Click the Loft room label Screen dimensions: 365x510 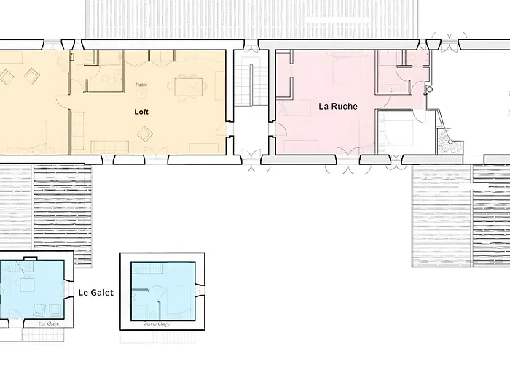[141, 112]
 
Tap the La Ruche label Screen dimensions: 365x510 [338, 106]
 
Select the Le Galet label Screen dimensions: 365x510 [95, 293]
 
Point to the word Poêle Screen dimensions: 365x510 [141, 85]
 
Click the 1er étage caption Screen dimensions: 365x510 [47, 323]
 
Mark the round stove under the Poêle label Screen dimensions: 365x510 [139, 93]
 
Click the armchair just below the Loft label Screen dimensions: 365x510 [145, 133]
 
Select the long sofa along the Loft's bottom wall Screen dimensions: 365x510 [109, 146]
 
